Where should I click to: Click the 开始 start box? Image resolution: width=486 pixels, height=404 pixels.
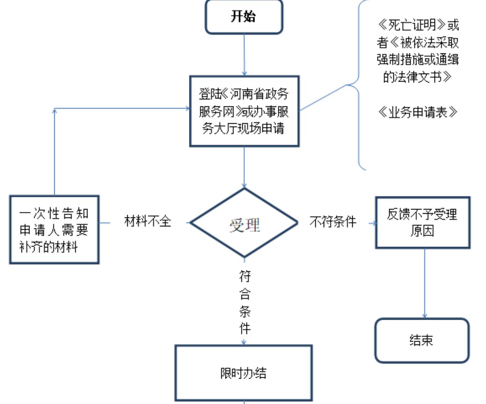[x=244, y=17]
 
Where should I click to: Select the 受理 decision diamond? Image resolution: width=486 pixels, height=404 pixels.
[x=244, y=224]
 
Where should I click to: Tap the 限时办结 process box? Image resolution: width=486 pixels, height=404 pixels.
[x=243, y=374]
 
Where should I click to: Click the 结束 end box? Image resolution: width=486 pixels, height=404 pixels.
[x=421, y=340]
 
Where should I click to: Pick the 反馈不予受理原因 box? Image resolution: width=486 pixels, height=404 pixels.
[x=422, y=222]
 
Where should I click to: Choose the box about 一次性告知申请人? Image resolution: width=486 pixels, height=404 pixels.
[x=54, y=229]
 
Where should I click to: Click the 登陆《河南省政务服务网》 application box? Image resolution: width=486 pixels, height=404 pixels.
[x=244, y=111]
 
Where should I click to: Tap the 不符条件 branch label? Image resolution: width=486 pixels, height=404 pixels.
[x=333, y=222]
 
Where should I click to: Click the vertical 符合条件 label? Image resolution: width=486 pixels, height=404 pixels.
[x=245, y=301]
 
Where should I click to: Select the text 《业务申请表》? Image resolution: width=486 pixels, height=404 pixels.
[x=417, y=112]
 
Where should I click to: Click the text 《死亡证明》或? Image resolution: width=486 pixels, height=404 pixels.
[x=417, y=24]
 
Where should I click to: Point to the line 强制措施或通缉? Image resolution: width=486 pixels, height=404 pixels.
[x=417, y=60]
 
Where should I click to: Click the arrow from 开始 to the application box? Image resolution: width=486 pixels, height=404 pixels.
[x=244, y=54]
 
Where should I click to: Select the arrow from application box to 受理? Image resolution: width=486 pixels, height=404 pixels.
[x=244, y=166]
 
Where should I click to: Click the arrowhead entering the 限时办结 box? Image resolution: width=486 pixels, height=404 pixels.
[x=244, y=343]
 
